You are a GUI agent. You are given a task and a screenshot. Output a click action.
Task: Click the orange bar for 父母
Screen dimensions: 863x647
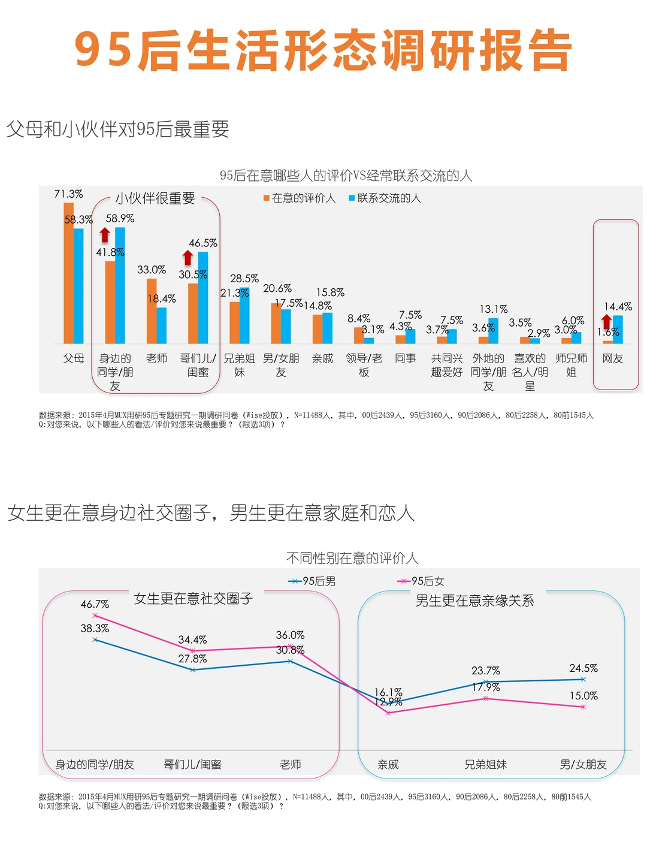(69, 273)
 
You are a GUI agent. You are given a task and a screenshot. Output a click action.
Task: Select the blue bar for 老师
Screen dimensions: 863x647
(162, 325)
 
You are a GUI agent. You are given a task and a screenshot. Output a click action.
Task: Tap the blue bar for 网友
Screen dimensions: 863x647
(618, 330)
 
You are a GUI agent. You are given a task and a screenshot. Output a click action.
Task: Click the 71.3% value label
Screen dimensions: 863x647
(68, 194)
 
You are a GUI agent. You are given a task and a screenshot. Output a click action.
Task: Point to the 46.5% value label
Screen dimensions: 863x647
(203, 243)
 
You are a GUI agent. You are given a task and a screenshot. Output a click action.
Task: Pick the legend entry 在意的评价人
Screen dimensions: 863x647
(300, 198)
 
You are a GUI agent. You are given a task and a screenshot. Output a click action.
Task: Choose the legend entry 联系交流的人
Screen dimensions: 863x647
(385, 198)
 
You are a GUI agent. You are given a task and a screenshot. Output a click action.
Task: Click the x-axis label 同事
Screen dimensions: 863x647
(406, 358)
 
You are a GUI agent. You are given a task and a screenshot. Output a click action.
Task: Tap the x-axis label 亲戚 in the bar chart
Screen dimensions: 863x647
(322, 358)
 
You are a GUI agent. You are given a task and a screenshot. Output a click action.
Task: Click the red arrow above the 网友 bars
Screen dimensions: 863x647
(607, 322)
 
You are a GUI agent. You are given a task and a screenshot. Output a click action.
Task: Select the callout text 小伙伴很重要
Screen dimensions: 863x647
(155, 198)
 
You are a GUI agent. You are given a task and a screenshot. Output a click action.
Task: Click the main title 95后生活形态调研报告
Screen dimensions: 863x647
(323, 50)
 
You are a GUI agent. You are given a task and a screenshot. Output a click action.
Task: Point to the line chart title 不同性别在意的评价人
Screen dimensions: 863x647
(352, 559)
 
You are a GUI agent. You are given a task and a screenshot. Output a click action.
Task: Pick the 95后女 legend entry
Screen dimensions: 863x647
(421, 581)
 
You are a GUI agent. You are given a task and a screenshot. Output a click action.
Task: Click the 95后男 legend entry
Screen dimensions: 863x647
(312, 581)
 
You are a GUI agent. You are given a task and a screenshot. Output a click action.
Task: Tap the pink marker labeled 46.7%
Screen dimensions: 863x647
(95, 615)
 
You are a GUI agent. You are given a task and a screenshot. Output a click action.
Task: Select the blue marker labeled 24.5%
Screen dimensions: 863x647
(583, 680)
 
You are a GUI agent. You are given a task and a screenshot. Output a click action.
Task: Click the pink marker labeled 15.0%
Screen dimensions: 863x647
(583, 707)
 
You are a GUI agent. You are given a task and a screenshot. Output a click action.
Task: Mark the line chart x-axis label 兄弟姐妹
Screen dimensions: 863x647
(486, 765)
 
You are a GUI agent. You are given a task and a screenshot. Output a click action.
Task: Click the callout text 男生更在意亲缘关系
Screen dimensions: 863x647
(474, 601)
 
